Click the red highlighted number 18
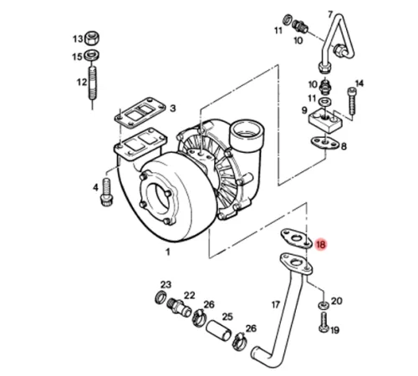click(x=320, y=245)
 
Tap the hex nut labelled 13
click(x=92, y=38)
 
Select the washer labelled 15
click(x=91, y=55)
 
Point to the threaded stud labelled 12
click(x=93, y=83)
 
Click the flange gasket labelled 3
click(x=140, y=113)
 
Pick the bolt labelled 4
click(x=106, y=192)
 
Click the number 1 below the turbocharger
click(x=168, y=252)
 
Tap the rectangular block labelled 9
click(x=325, y=121)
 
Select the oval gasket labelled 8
click(x=324, y=144)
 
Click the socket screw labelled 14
click(x=352, y=101)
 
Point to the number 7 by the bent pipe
click(x=330, y=14)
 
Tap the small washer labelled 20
click(x=324, y=305)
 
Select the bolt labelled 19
click(x=324, y=323)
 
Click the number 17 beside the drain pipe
click(x=276, y=305)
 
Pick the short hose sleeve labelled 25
click(x=219, y=330)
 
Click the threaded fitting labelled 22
click(x=180, y=308)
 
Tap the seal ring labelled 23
click(x=161, y=297)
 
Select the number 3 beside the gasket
click(x=173, y=109)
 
